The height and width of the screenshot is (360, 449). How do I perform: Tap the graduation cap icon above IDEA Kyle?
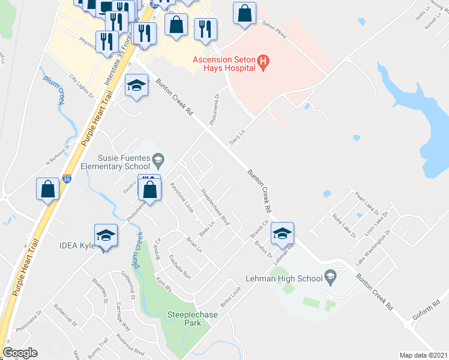click(106, 235)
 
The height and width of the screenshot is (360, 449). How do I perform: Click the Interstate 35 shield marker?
click(66, 179)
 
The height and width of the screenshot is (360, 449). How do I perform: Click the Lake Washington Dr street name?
click(373, 247)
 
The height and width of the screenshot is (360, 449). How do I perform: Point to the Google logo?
click(20, 353)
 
